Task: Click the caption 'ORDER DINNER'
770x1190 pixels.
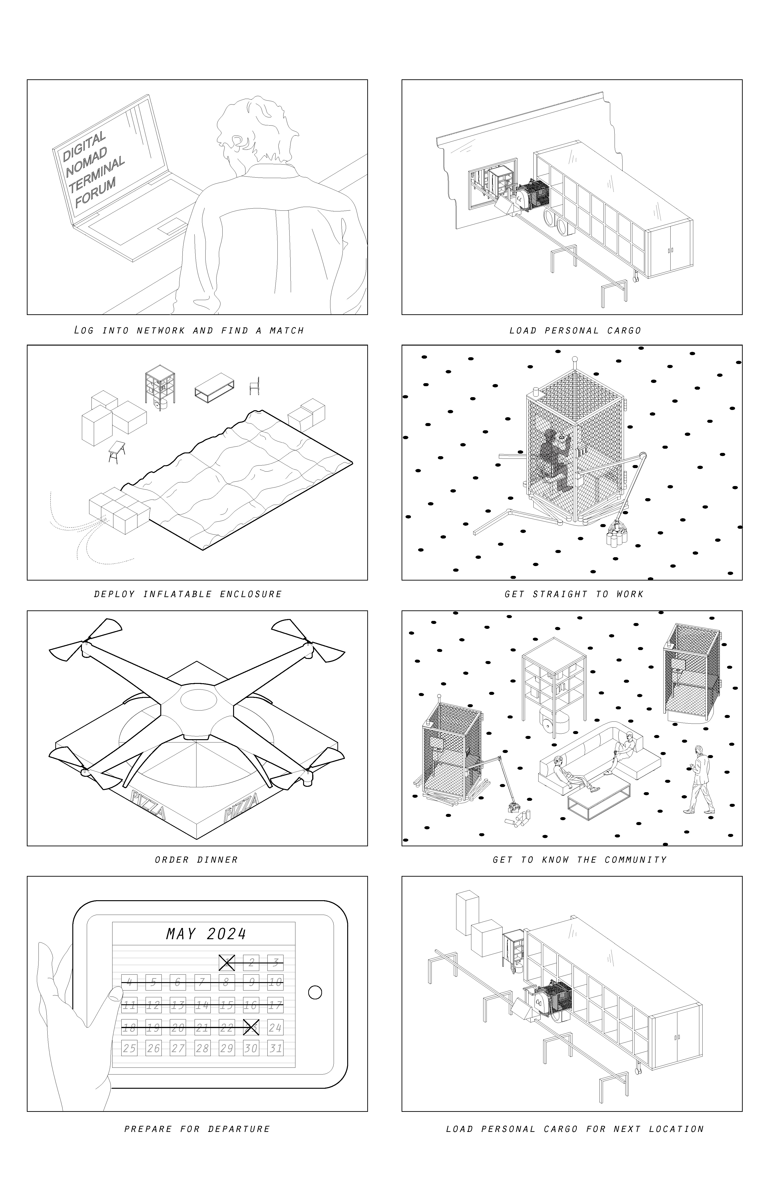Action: coord(196,860)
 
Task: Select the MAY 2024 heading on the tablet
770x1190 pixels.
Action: coord(206,934)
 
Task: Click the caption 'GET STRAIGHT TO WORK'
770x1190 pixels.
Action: coord(574,595)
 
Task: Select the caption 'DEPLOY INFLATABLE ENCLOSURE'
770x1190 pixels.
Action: coord(188,595)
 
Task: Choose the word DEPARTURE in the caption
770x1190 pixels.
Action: coord(239,1129)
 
